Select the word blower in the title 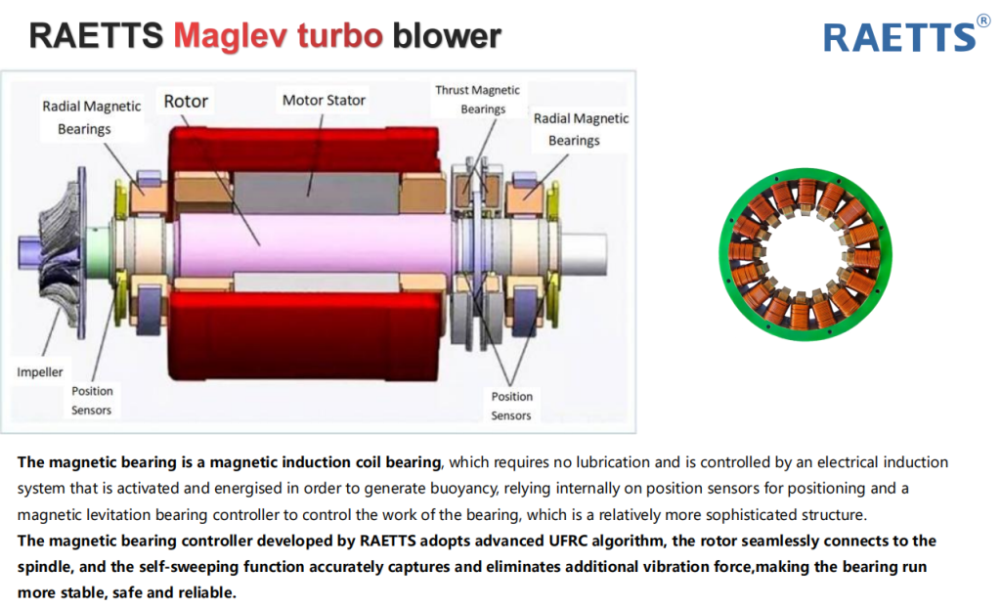(446, 36)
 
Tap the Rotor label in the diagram (186, 101)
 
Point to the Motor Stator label (324, 100)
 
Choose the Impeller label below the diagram (40, 372)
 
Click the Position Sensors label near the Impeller (92, 401)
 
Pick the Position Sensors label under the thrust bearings (511, 406)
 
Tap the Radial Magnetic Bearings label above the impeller (91, 117)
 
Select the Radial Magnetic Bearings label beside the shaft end (581, 129)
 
